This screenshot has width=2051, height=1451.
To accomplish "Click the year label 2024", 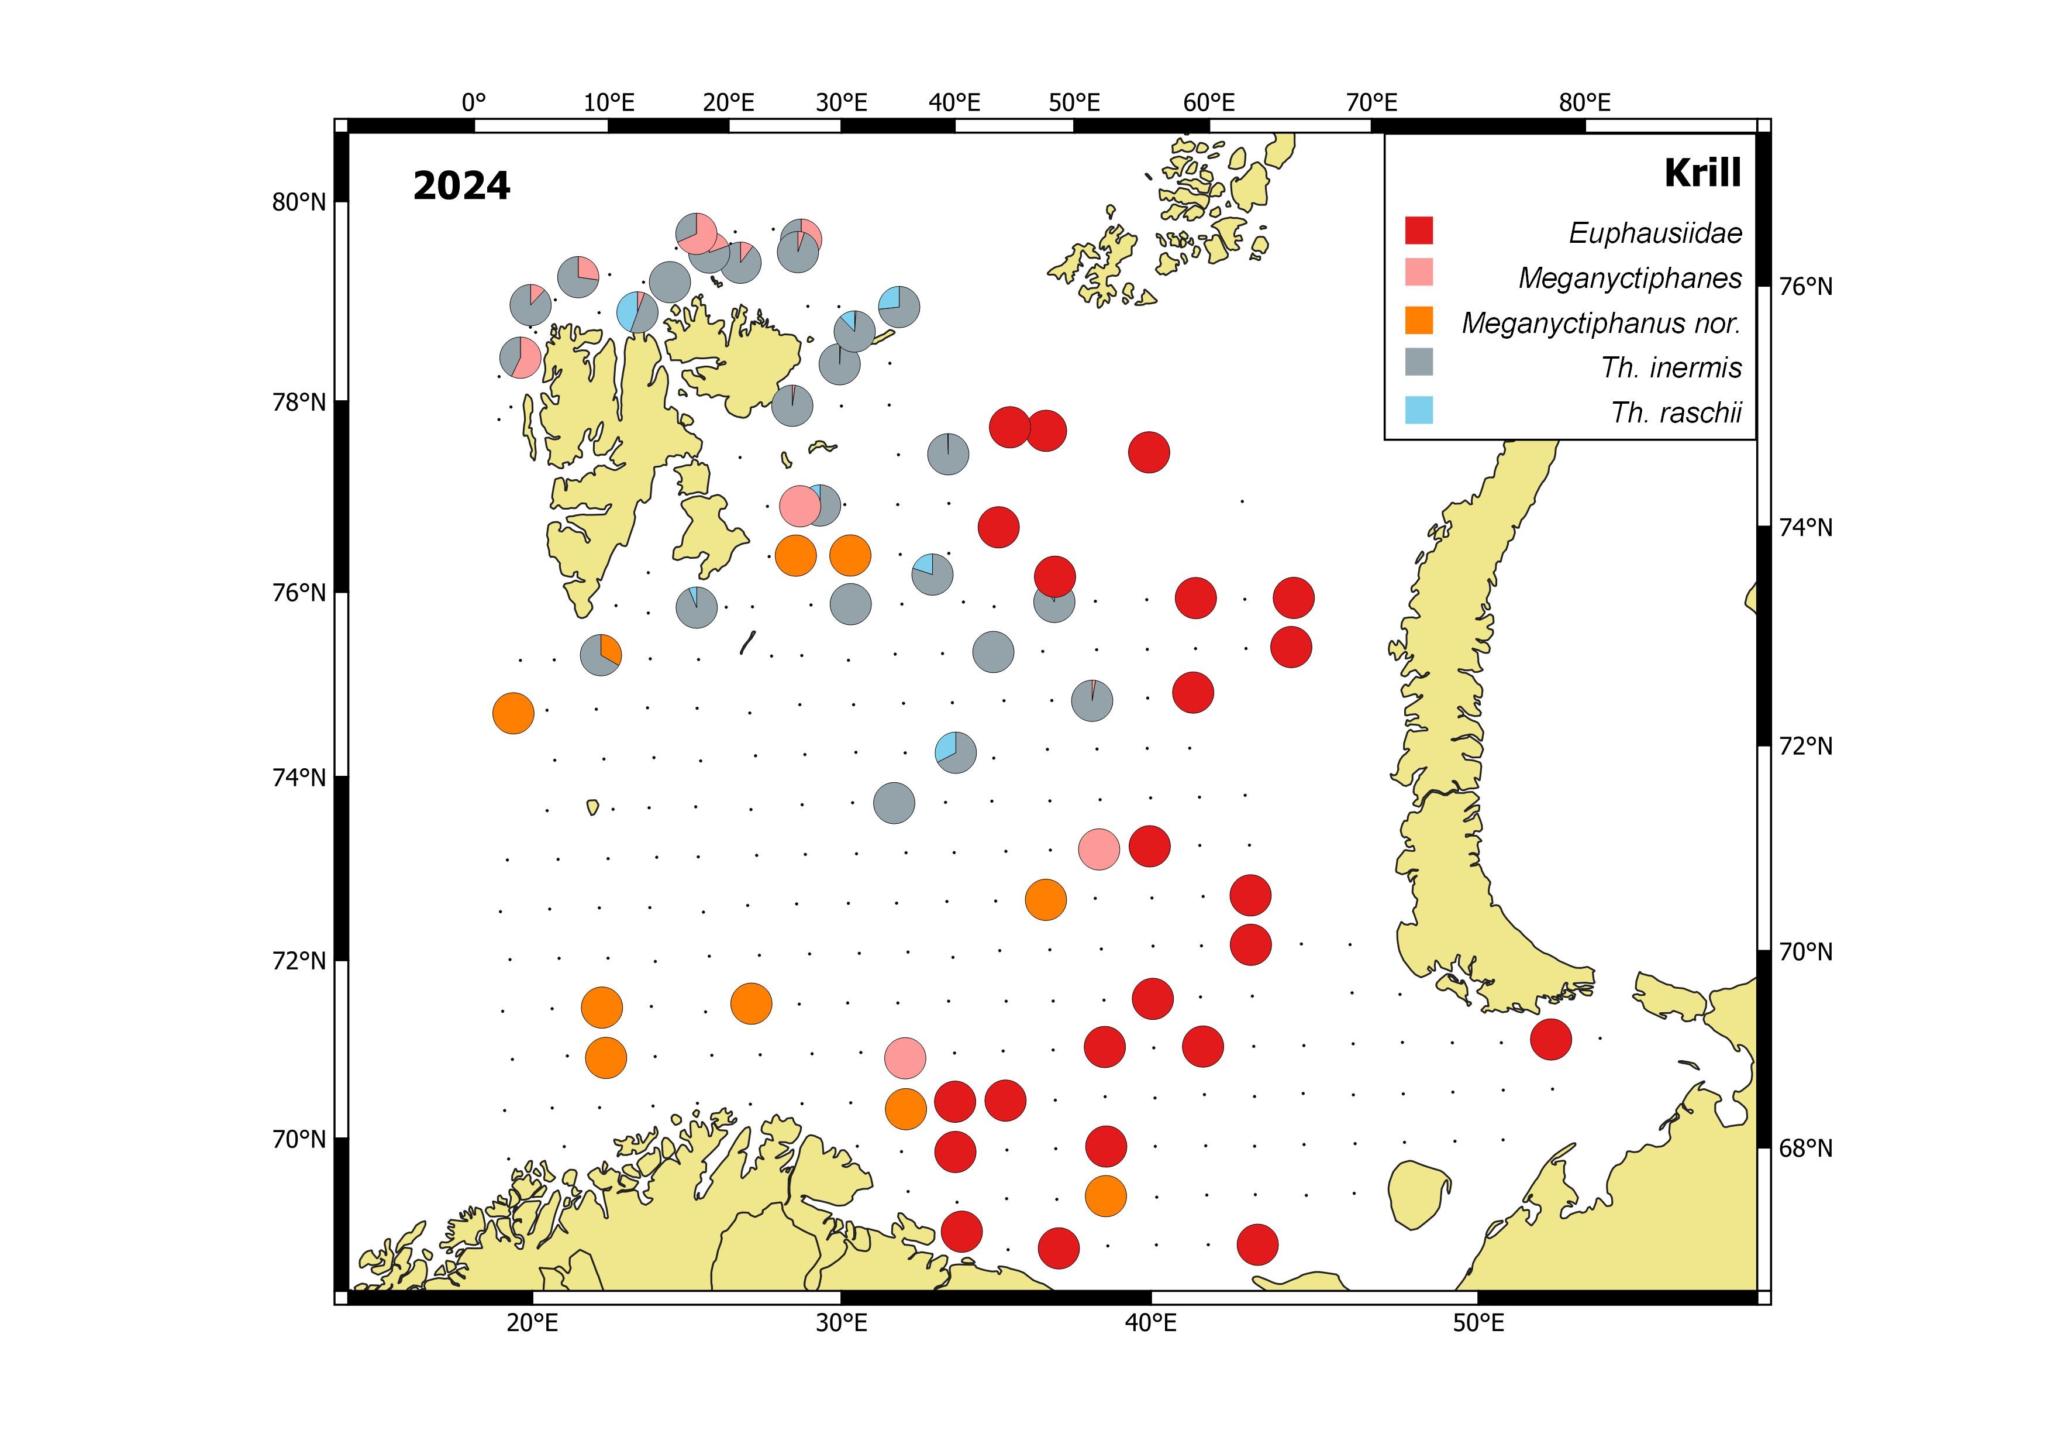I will click(x=461, y=186).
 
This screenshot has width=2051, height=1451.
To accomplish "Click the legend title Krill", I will click(x=1702, y=173).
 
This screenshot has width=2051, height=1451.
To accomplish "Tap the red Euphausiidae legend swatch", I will click(x=1419, y=231).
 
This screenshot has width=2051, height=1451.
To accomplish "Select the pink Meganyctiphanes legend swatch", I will click(x=1419, y=273).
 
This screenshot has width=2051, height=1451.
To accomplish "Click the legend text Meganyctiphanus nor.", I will click(x=1601, y=322).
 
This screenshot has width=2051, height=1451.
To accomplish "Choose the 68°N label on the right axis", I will click(x=1804, y=1148).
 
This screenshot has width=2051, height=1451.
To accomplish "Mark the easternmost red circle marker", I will click(x=1550, y=1039).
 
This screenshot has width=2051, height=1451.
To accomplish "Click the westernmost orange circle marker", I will click(x=513, y=713).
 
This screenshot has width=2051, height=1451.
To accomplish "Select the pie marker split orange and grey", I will click(x=601, y=655).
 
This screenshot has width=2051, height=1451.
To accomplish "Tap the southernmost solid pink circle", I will click(x=905, y=1058).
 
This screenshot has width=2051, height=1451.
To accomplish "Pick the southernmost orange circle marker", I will click(x=1105, y=1196).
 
